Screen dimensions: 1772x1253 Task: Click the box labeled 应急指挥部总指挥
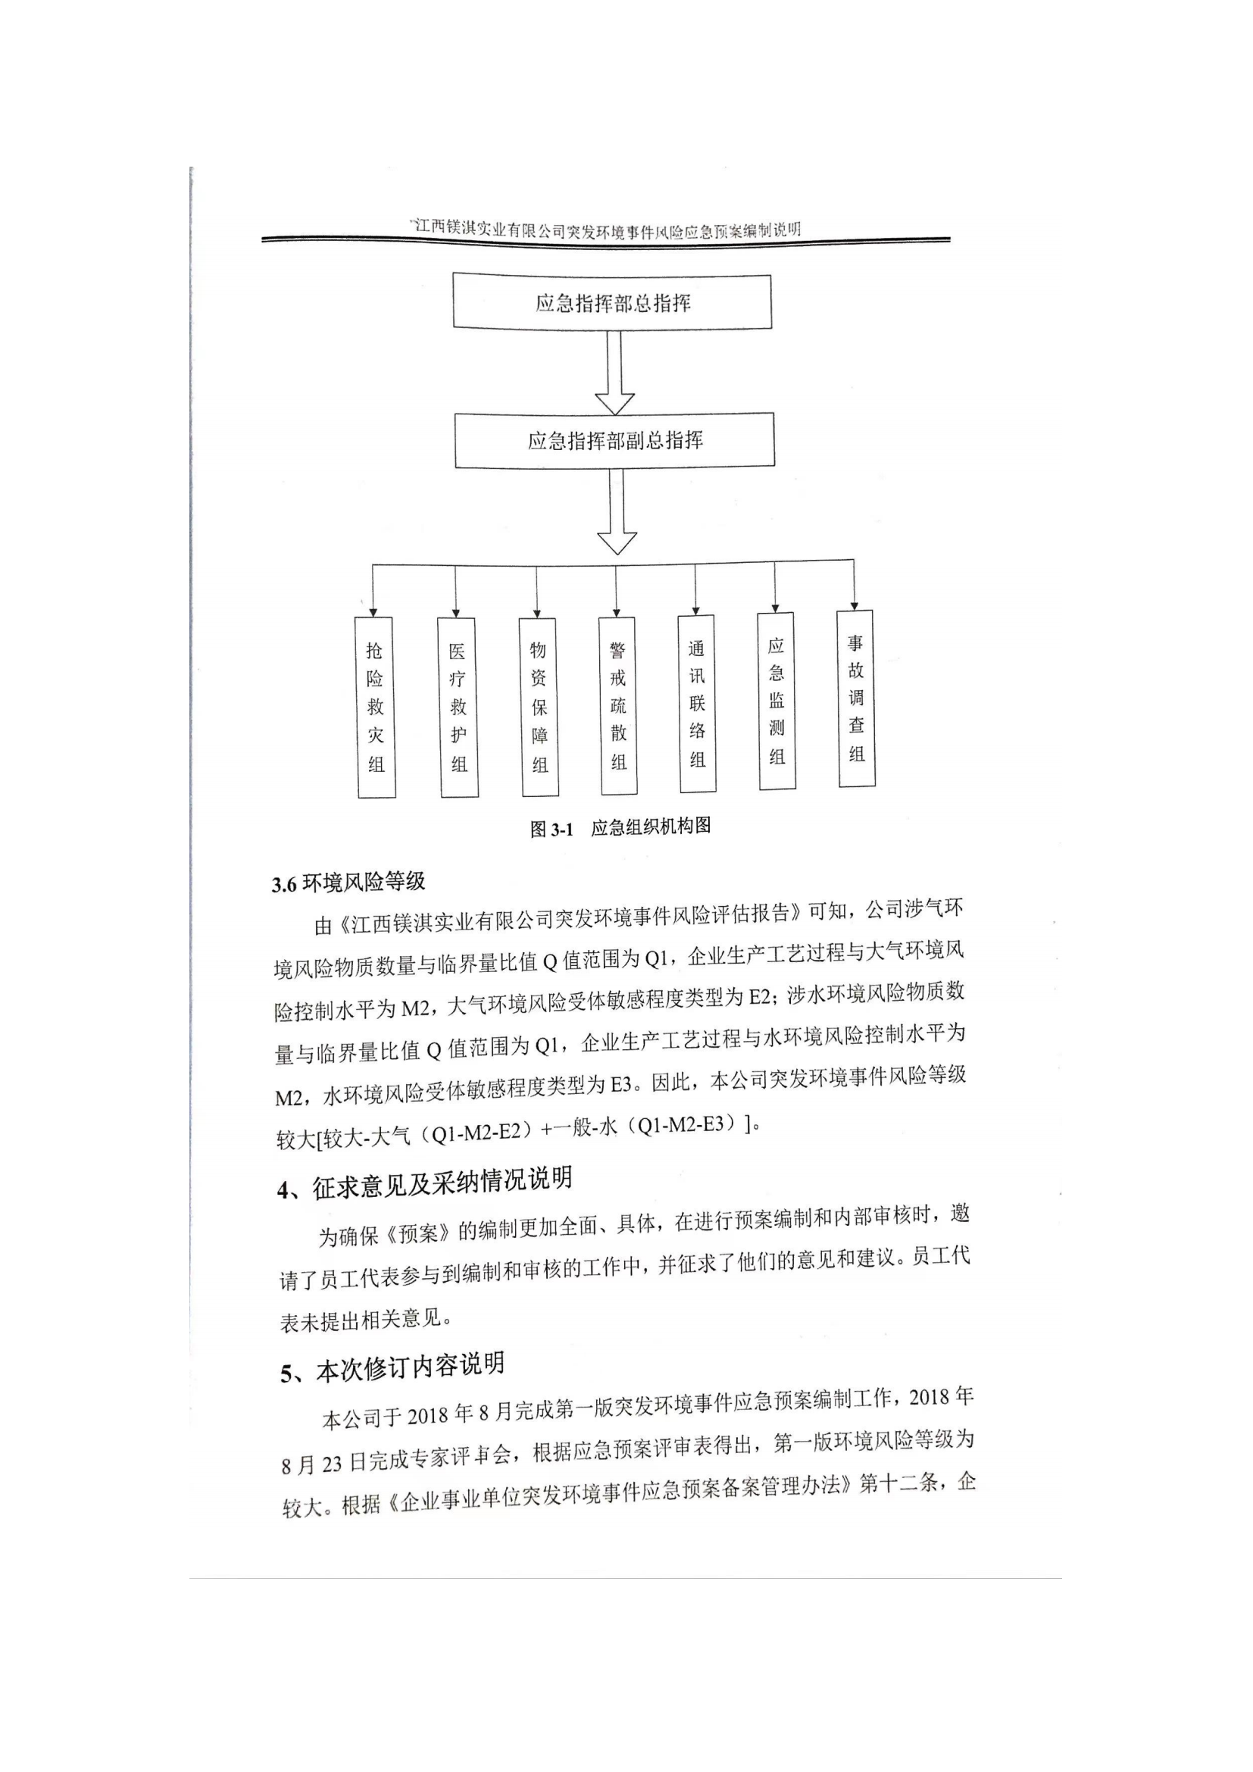pos(612,301)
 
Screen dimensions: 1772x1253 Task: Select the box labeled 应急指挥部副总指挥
pos(615,440)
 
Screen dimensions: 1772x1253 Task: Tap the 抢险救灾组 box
pos(376,707)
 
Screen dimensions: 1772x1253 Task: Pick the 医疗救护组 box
pos(458,707)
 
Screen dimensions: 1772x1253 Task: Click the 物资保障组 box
pos(539,707)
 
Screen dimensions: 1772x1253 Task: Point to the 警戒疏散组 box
pos(618,705)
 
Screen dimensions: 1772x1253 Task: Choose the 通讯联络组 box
pos(698,703)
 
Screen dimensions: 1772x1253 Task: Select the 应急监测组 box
pos(777,701)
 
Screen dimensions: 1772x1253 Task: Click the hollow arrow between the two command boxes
pos(614,373)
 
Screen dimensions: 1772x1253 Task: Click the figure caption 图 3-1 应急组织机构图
pos(620,827)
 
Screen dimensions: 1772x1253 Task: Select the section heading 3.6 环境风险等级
pos(348,882)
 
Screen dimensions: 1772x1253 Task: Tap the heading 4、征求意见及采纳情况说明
pos(424,1184)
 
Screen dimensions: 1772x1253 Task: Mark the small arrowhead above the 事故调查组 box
pos(854,606)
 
